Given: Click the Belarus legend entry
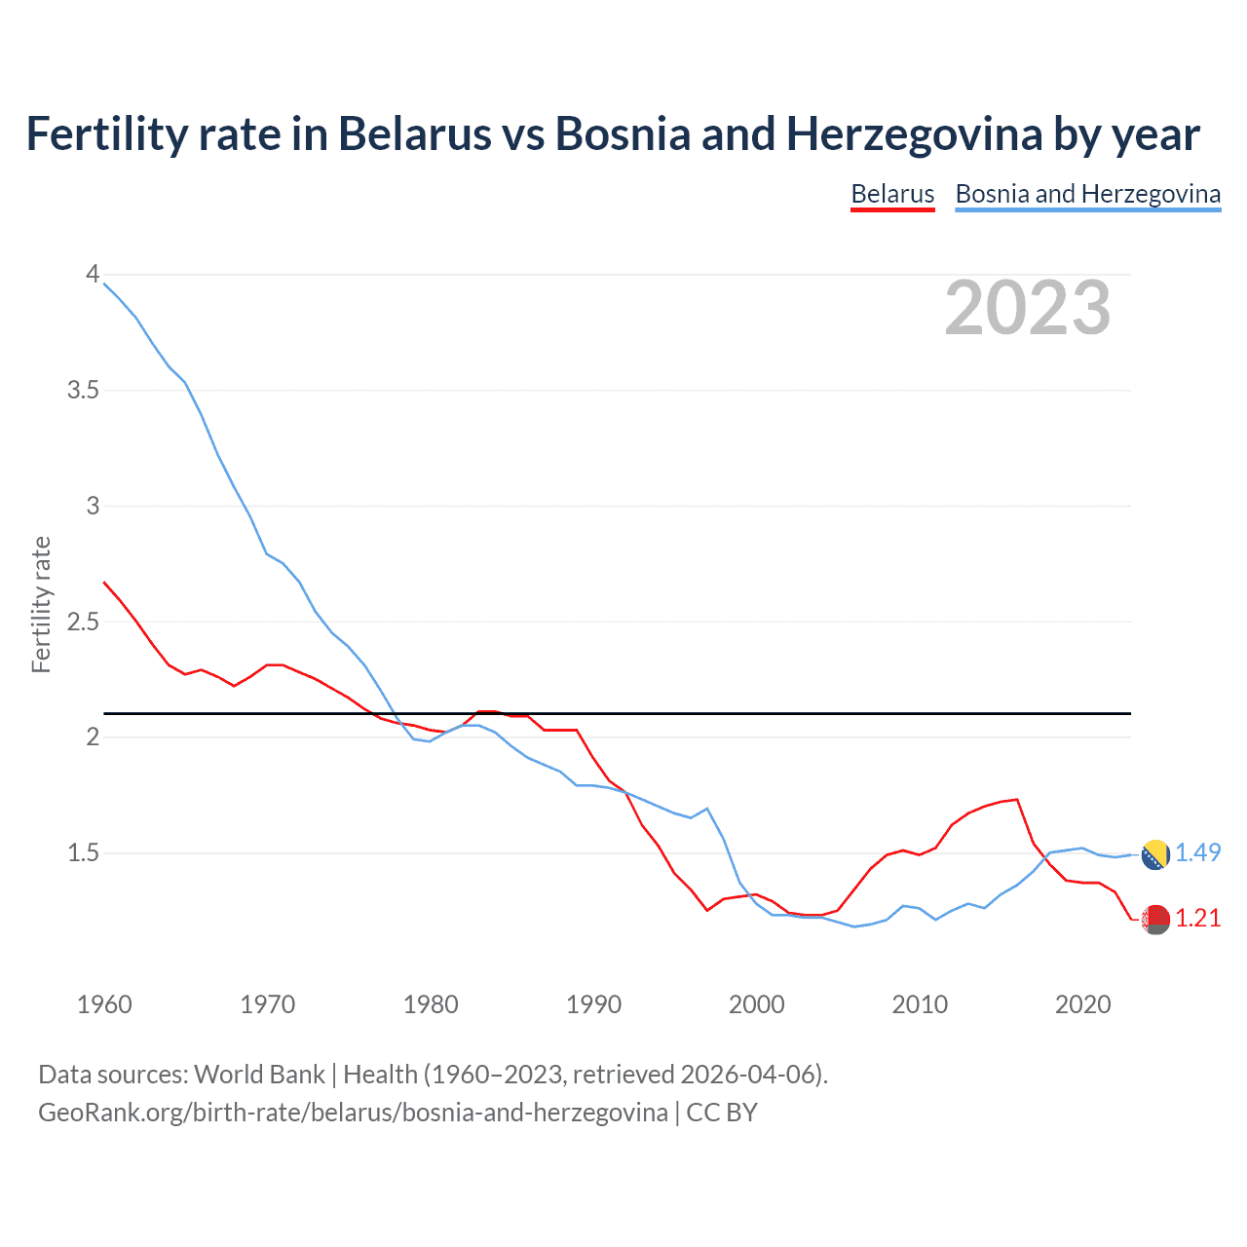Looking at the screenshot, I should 892,194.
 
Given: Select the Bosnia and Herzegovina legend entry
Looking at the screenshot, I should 1087,194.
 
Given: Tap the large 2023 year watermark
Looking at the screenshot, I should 1027,308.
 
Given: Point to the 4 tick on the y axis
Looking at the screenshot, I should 93,275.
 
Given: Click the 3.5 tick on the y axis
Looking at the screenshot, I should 83,391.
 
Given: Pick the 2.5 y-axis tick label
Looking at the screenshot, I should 83,622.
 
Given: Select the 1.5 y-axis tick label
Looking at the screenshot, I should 83,853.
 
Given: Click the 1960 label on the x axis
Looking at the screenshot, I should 104,1004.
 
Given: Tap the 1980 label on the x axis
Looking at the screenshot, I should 431,1004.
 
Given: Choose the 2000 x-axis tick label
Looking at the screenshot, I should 756,1004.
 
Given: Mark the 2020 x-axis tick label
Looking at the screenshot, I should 1082,1004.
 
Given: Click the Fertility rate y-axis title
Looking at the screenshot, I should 41,604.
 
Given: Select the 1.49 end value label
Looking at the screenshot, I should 1197,852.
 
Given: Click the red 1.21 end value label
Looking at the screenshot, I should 1197,919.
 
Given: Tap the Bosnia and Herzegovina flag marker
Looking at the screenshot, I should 1155,854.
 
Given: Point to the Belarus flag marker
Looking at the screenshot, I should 1155,919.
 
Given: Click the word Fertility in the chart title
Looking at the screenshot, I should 105,133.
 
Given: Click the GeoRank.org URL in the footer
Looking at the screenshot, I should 353,1113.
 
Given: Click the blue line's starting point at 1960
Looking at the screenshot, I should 104,283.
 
